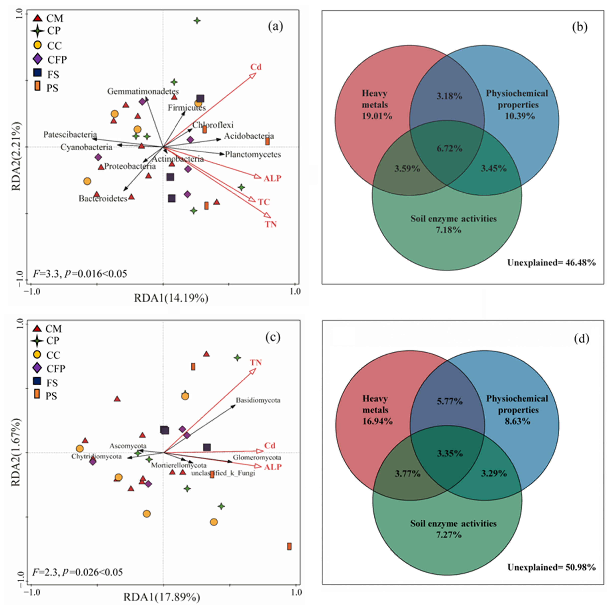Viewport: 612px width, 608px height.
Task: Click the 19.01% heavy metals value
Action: pos(377,116)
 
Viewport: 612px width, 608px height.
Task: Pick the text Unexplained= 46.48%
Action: pos(551,263)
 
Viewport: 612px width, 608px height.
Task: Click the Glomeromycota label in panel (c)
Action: pos(257,458)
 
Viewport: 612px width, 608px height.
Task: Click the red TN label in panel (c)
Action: pos(256,362)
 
